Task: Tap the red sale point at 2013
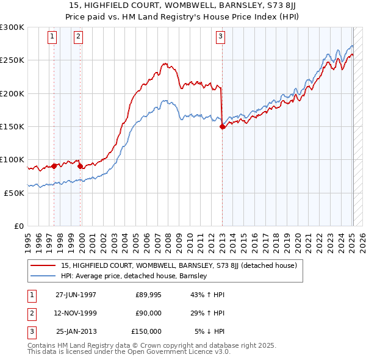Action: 222,126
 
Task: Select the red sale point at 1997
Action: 54,165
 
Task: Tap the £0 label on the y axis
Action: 18,226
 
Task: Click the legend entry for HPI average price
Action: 134,276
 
